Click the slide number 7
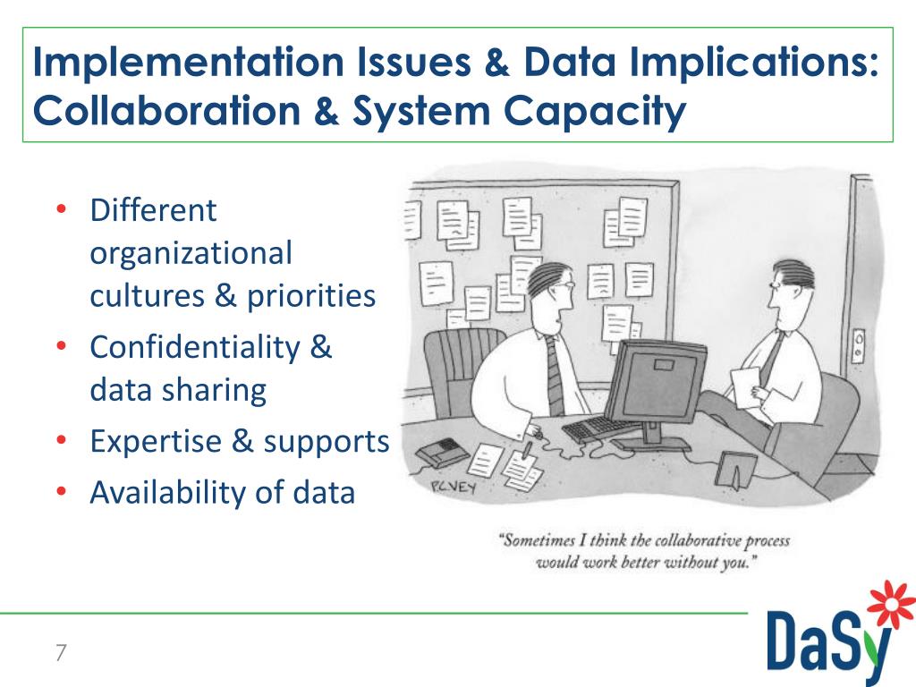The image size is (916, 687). click(x=61, y=652)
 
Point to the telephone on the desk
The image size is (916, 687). click(x=440, y=453)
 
